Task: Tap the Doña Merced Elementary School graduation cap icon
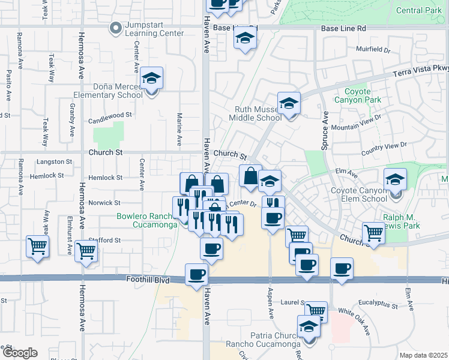point(152,78)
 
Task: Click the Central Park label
point(419,10)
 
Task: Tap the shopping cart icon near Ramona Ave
point(38,247)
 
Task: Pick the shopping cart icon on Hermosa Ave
point(86,253)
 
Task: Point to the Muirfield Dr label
point(373,50)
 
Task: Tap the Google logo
point(19,353)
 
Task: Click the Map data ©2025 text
point(423,355)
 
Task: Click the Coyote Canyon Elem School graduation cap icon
point(396,179)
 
